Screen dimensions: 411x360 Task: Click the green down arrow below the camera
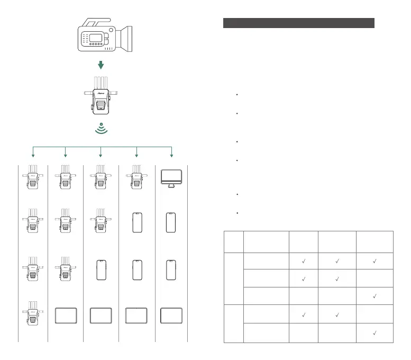pyautogui.click(x=101, y=64)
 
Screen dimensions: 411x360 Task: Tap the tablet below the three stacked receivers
pyautogui.click(x=66, y=316)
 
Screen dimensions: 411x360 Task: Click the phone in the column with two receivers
pyautogui.click(x=101, y=270)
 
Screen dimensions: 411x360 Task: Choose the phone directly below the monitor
pyautogui.click(x=170, y=222)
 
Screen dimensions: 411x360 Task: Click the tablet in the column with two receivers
pyautogui.click(x=101, y=316)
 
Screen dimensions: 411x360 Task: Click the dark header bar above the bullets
pyautogui.click(x=299, y=23)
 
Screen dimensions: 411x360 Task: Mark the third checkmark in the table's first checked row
pyautogui.click(x=374, y=261)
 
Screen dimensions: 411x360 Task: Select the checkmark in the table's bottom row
pyautogui.click(x=374, y=334)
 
